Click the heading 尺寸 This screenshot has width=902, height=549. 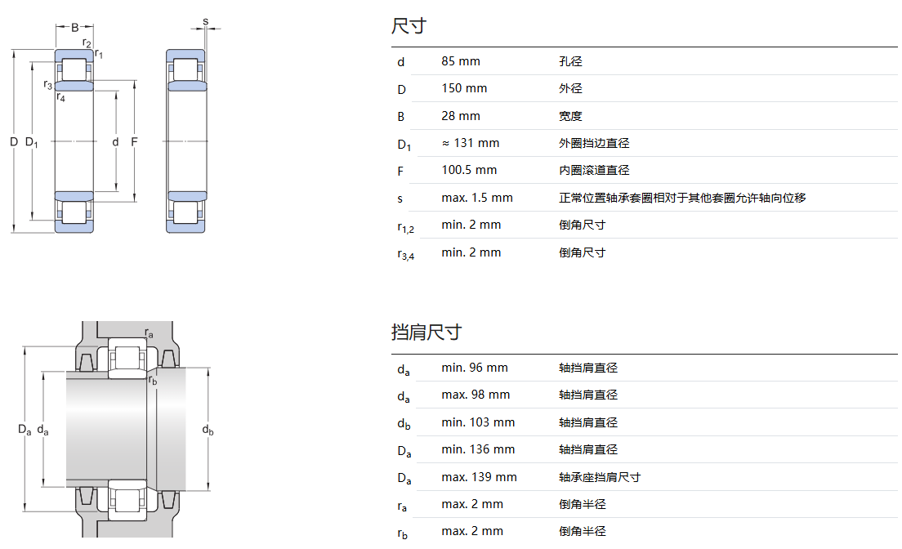tap(409, 26)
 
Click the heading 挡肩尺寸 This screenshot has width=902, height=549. tap(426, 332)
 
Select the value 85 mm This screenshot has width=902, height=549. tap(461, 61)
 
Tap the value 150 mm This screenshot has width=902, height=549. tap(464, 88)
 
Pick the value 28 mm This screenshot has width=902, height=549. tap(461, 116)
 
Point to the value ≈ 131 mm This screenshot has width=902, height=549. tap(470, 143)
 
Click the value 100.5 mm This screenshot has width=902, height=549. tap(469, 170)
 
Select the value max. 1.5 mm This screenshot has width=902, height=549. tap(477, 198)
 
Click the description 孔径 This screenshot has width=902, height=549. tap(570, 61)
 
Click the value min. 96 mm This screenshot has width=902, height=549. tap(475, 368)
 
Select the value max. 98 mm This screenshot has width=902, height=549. tap(476, 395)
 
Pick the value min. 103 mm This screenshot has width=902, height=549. tap(478, 422)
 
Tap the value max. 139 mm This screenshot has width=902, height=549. tap(479, 477)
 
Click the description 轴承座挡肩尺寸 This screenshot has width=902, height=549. tap(600, 477)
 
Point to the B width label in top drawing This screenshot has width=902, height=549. tap(74, 27)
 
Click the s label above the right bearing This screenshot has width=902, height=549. tap(205, 20)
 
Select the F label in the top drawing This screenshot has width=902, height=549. tap(135, 142)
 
